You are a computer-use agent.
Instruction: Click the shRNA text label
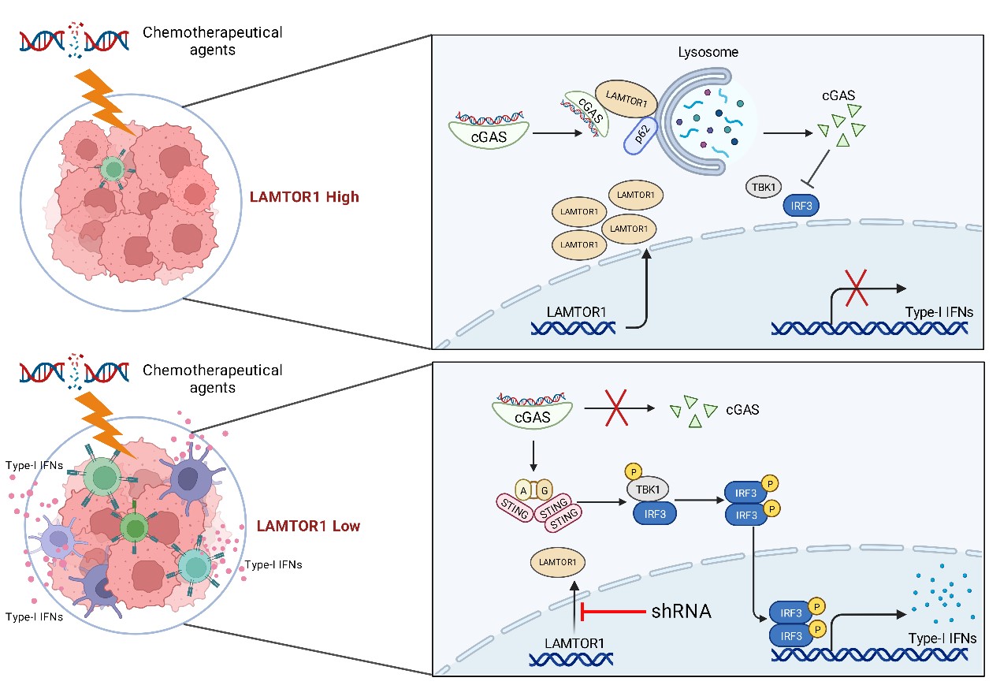pyautogui.click(x=682, y=611)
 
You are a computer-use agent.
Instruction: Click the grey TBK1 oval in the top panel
pyautogui.click(x=764, y=188)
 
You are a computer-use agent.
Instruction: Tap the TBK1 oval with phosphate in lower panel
pyautogui.click(x=649, y=490)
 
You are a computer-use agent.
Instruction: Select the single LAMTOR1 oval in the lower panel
pyautogui.click(x=558, y=562)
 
